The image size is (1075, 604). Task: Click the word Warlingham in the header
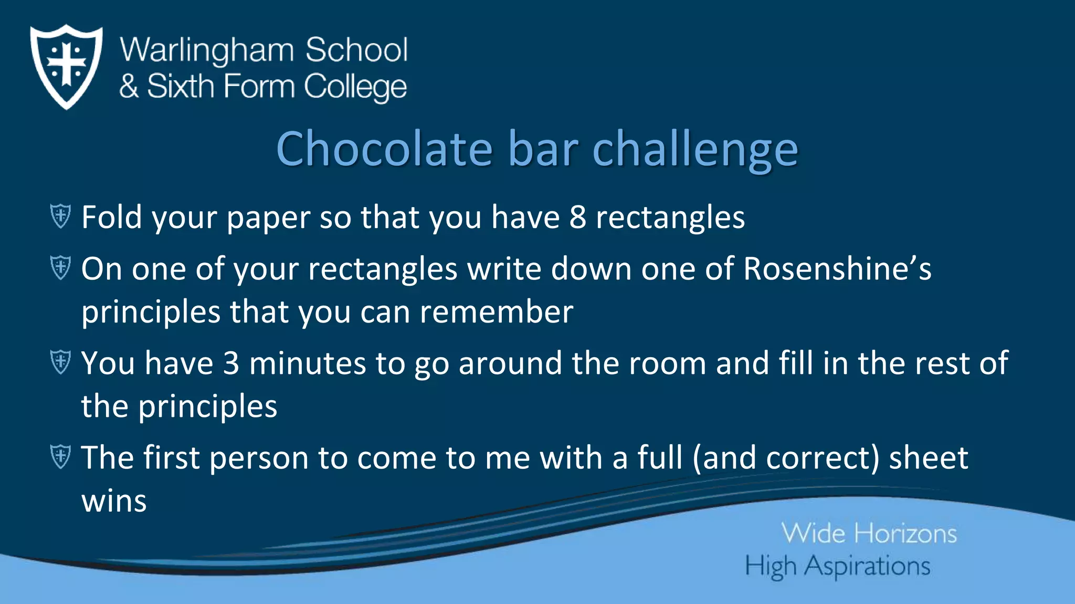[x=207, y=51]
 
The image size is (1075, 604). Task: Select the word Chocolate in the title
[x=384, y=149]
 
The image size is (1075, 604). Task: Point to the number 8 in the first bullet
[x=577, y=217]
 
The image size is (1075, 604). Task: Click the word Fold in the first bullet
[x=112, y=217]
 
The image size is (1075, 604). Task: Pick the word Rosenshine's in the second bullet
[x=837, y=269]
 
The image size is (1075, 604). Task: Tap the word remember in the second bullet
[x=496, y=312]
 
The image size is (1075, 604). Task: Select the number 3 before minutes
[x=231, y=363]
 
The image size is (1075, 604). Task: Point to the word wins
[x=114, y=501]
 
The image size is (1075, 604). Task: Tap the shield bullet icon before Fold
[x=60, y=216]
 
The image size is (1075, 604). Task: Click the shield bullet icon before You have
[x=60, y=362]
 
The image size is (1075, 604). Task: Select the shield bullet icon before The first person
[x=60, y=456]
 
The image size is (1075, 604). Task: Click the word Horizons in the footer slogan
[x=905, y=534]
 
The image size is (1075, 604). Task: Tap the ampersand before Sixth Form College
[x=129, y=87]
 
